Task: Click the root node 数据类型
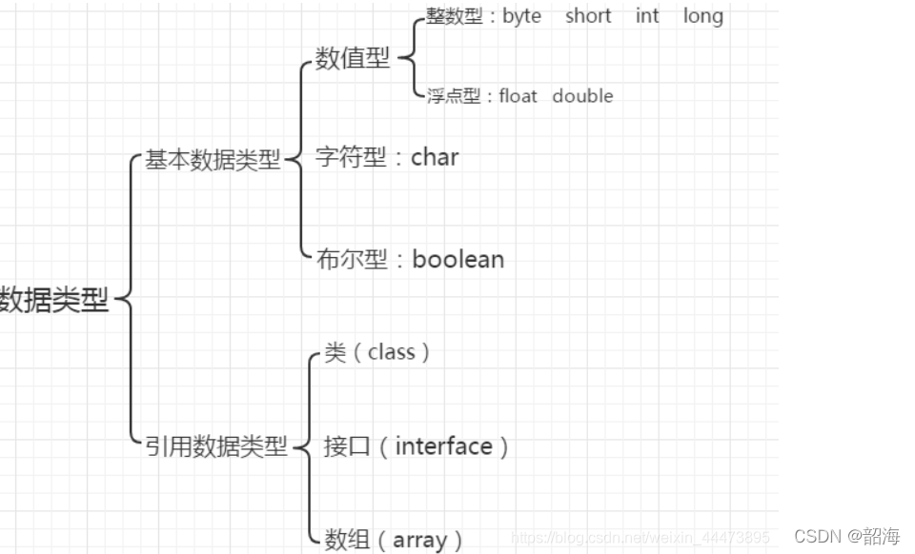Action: click(53, 301)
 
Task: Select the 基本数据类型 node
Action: click(212, 160)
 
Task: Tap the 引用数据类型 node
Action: click(215, 445)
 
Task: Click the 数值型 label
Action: click(352, 59)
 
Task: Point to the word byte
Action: click(521, 16)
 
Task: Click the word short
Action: click(587, 16)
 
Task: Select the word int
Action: click(647, 16)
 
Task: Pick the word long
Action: click(702, 16)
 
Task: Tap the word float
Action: click(518, 96)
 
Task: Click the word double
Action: click(582, 96)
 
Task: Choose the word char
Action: click(435, 157)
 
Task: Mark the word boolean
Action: click(457, 259)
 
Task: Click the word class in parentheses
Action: click(391, 352)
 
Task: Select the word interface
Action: click(443, 445)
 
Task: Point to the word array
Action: click(419, 541)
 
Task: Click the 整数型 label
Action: click(455, 16)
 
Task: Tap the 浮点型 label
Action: click(453, 96)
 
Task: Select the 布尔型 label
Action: click(352, 260)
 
